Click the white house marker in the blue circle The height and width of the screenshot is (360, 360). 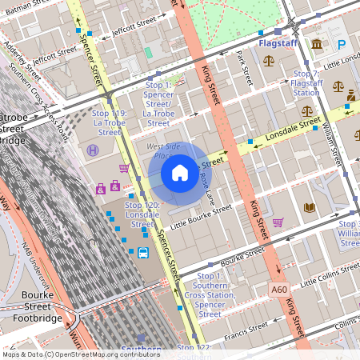(180, 173)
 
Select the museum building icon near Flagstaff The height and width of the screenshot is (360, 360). (318, 44)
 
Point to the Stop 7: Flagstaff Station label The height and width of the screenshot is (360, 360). (306, 83)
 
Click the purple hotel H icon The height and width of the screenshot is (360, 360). (94, 150)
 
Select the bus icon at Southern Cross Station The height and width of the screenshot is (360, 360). (142, 254)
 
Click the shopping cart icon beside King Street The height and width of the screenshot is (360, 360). (278, 222)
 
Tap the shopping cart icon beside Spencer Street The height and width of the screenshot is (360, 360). (124, 168)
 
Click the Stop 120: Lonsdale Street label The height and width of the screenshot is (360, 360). (142, 215)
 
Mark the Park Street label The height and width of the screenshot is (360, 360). (243, 69)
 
